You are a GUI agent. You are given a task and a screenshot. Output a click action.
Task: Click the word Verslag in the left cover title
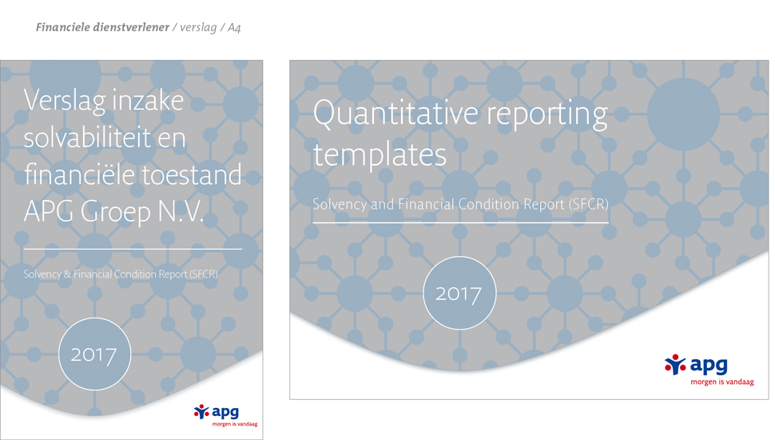point(65,102)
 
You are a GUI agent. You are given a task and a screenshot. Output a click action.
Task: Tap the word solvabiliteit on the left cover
point(87,137)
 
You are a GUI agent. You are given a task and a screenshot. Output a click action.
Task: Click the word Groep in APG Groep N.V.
point(116,212)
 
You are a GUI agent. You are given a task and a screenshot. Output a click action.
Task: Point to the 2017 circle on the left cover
point(94,354)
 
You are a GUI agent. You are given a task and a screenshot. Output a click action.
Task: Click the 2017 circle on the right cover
point(459,293)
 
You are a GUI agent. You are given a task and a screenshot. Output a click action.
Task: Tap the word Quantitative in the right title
point(395,113)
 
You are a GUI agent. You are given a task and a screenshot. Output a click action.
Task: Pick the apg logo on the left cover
point(217,412)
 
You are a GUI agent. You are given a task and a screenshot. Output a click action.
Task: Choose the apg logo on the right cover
point(696,365)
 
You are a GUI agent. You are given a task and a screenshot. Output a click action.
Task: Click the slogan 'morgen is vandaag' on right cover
point(722,382)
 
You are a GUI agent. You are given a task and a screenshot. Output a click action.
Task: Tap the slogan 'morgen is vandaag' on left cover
point(235,424)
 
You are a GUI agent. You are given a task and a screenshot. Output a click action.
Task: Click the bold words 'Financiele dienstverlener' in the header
point(102,27)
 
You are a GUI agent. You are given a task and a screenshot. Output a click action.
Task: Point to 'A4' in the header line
point(234,28)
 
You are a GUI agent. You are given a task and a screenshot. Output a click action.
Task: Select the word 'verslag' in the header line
point(198,28)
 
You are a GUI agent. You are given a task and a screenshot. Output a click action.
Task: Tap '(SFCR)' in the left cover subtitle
point(204,274)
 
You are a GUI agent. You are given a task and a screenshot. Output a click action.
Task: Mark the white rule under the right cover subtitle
point(461,222)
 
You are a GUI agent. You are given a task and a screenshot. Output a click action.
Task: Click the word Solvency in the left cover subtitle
point(42,274)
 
